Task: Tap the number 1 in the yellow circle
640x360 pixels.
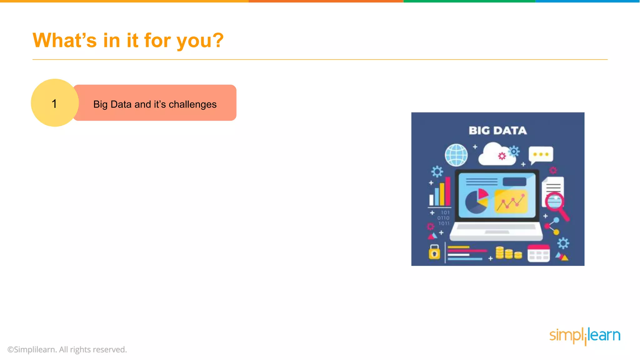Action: [54, 104]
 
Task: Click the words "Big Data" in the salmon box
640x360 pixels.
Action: [112, 104]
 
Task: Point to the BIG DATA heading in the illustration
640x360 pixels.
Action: [497, 131]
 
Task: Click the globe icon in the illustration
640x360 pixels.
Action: [456, 155]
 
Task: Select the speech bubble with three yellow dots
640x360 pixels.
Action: [541, 154]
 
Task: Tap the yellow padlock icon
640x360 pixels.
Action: [434, 252]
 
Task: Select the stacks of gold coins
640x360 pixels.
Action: [508, 253]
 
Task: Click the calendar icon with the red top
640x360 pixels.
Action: [538, 253]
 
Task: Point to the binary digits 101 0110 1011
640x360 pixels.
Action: [444, 218]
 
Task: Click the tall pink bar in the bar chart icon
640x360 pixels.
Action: [448, 191]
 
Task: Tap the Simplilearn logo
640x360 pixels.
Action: [585, 336]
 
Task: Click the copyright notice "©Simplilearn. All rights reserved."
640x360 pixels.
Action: [67, 349]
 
